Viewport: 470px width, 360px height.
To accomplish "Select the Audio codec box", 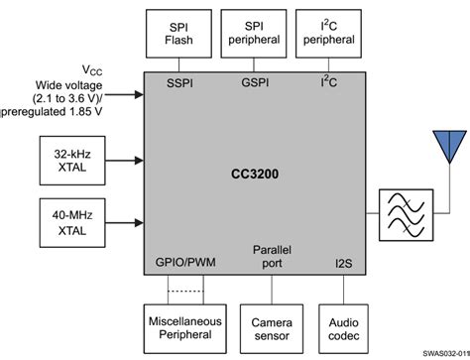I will tap(344, 326).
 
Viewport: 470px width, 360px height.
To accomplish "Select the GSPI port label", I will tap(255, 82).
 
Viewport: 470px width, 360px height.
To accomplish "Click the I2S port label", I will tap(343, 267).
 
